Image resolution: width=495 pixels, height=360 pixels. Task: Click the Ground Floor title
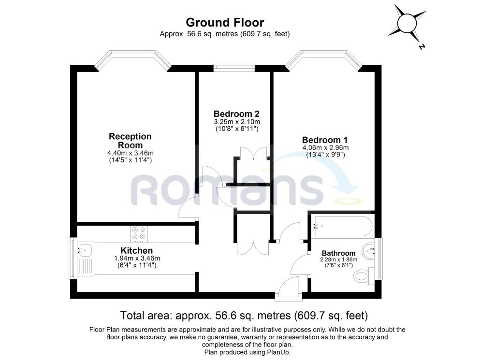tap(225, 22)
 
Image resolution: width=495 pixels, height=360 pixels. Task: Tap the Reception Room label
tap(130, 141)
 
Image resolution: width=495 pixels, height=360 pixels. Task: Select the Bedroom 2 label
tap(236, 114)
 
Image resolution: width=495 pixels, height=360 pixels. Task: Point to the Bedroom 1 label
tap(325, 140)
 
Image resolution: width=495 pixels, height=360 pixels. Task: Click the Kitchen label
tap(137, 250)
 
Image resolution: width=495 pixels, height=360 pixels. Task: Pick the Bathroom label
tap(338, 253)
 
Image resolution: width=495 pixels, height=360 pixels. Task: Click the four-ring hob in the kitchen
tap(139, 234)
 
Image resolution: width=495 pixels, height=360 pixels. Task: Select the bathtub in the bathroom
tap(343, 226)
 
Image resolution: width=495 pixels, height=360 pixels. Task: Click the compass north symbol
tap(407, 24)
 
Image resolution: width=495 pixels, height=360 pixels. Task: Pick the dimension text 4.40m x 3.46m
tap(131, 153)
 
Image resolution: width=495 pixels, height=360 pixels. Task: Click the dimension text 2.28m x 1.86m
tap(338, 259)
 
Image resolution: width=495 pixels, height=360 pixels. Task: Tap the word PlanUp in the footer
tap(279, 352)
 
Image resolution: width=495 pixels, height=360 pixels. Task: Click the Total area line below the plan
tap(244, 315)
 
